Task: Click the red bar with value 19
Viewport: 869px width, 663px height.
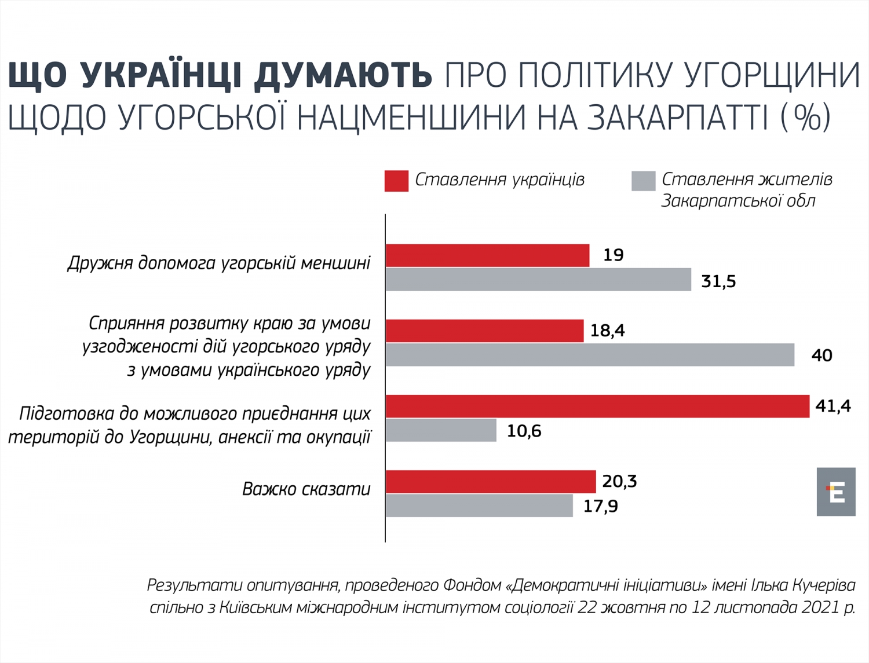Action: [x=487, y=255]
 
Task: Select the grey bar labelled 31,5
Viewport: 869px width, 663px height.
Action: [x=538, y=280]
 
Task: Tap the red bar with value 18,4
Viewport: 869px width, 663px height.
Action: [x=484, y=331]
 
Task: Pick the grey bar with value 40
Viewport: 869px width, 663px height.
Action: [x=590, y=354]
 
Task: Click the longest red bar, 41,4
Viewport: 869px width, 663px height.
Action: [x=597, y=406]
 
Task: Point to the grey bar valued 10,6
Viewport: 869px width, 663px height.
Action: [x=441, y=430]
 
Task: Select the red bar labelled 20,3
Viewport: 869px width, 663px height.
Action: [x=491, y=482]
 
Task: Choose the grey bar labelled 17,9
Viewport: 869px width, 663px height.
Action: [x=479, y=506]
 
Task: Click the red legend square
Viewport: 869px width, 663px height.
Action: [x=396, y=181]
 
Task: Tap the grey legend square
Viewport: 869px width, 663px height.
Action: [x=643, y=181]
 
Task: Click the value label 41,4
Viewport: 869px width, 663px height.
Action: [x=833, y=406]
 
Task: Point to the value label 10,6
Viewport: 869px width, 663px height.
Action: [x=524, y=431]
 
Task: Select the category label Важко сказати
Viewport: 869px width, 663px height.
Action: [x=306, y=489]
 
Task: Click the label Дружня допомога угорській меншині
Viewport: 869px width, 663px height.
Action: [x=219, y=263]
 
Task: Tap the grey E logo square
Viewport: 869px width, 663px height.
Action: [x=836, y=492]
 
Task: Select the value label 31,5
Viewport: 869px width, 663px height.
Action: [x=718, y=281]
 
